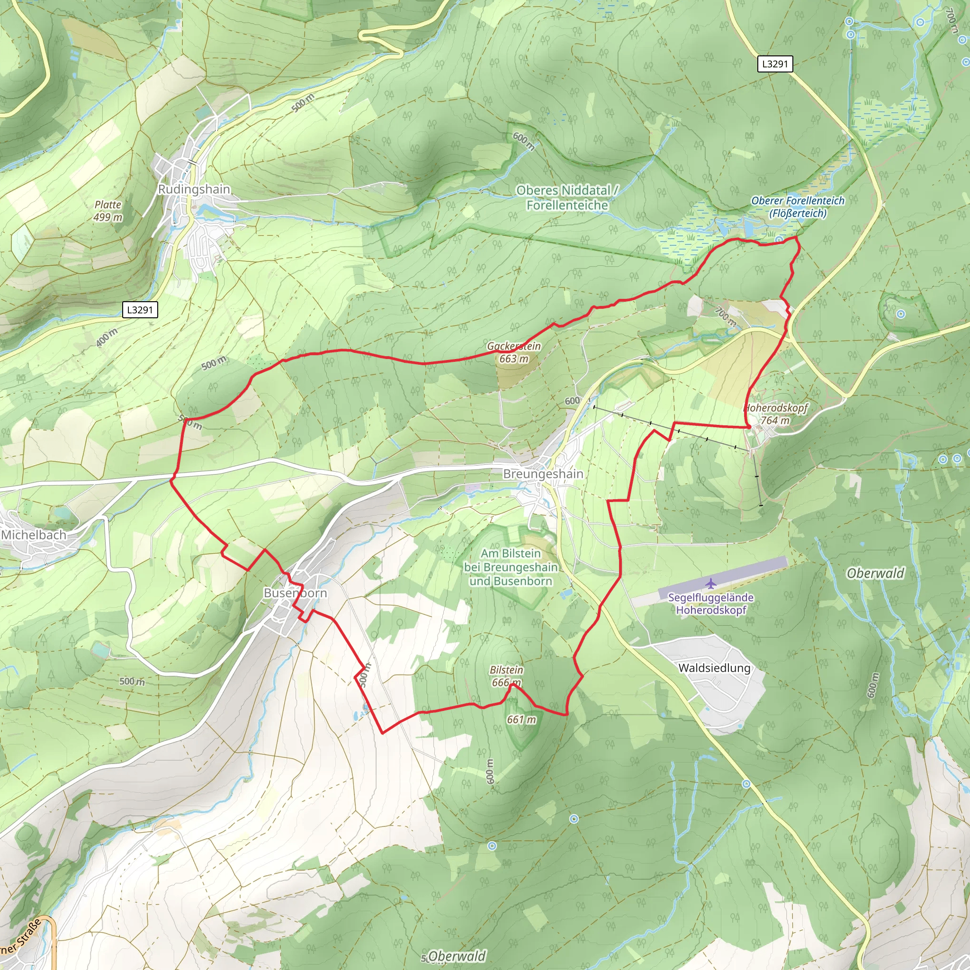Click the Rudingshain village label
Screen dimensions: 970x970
tap(194, 189)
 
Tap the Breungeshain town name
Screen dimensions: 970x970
tap(543, 474)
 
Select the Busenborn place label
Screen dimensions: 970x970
tap(295, 593)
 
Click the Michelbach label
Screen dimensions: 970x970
tap(34, 535)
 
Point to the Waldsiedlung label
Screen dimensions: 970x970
tap(714, 668)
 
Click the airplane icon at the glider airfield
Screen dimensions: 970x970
tap(710, 584)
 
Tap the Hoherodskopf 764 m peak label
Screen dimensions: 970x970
tap(775, 414)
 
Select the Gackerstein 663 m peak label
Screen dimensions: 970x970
tap(514, 352)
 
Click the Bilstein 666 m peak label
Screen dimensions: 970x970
tap(506, 676)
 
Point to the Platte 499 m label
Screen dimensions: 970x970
tap(108, 211)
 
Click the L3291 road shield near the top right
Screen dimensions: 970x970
tap(775, 64)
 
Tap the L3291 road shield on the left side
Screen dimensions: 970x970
tap(140, 310)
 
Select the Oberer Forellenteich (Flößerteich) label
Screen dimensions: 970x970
tap(798, 207)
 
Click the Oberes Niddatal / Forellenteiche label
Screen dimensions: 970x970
tap(567, 198)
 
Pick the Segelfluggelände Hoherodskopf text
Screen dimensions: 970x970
tap(710, 603)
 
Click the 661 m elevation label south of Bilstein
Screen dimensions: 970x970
tap(521, 719)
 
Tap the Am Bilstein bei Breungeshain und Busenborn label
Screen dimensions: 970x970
tap(511, 567)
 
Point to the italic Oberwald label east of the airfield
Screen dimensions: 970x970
tap(875, 574)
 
